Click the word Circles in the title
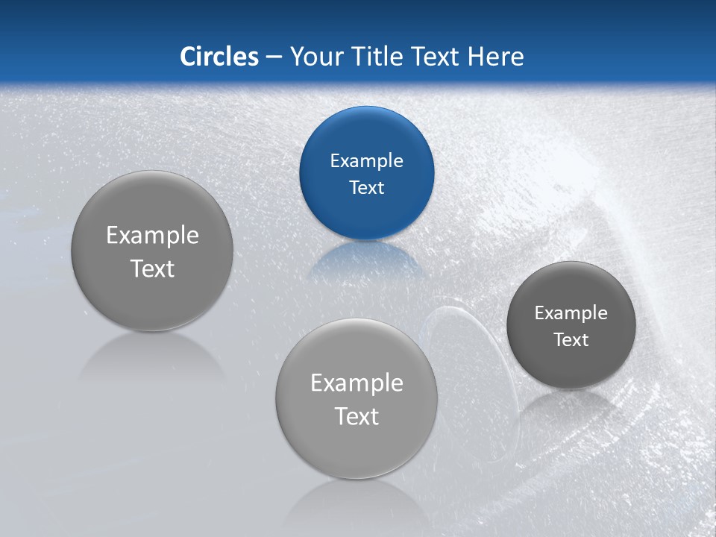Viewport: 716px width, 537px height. point(219,57)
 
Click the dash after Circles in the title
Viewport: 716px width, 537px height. point(274,57)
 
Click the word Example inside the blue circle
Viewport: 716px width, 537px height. point(366,160)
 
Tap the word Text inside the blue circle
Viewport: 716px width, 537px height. point(366,187)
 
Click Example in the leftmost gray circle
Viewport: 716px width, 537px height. point(152,235)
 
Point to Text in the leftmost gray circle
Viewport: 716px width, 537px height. point(152,268)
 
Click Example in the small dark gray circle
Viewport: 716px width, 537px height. point(571,313)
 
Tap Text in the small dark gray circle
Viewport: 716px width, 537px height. point(571,339)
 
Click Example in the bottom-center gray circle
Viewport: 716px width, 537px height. point(357,383)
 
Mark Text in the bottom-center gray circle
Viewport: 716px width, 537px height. point(357,416)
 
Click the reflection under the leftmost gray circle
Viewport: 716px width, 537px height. point(152,354)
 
